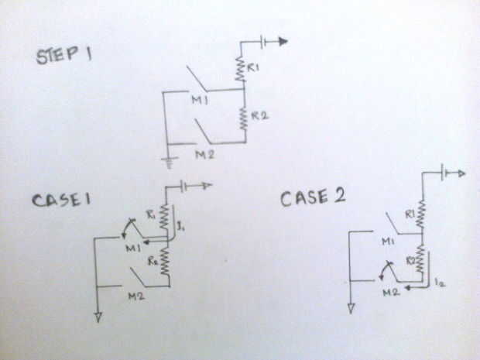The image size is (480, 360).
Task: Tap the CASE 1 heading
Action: [x=63, y=199]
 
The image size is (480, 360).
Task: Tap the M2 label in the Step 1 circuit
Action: [x=204, y=156]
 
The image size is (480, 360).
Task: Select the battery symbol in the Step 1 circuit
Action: [x=267, y=43]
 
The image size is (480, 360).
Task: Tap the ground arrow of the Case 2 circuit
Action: [x=351, y=308]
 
